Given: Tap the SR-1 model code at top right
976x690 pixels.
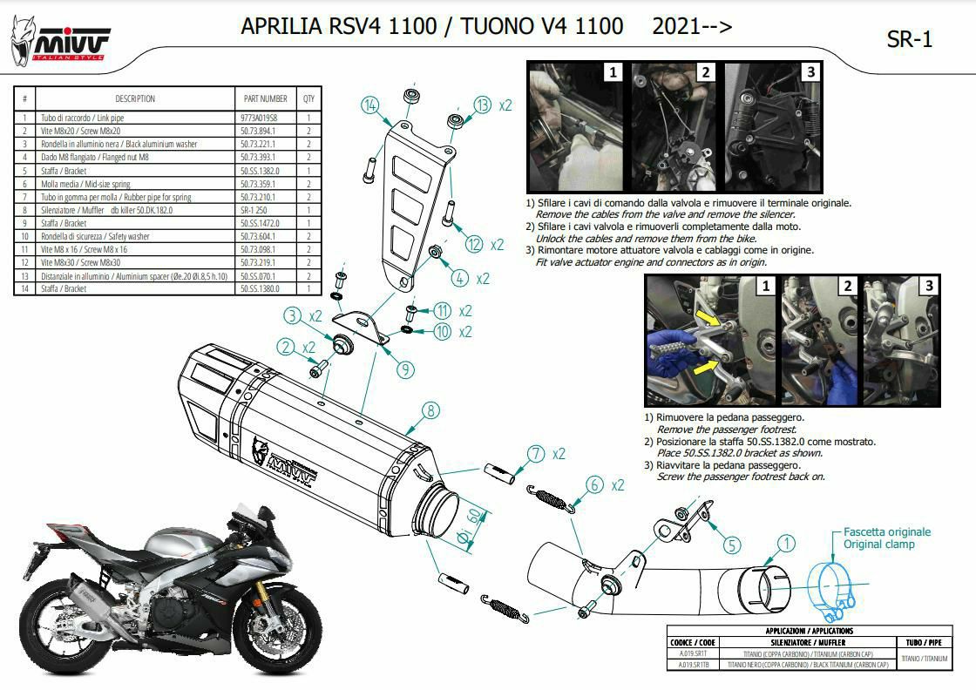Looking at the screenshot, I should pyautogui.click(x=909, y=40).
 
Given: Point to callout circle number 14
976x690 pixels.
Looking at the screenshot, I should pyautogui.click(x=372, y=105).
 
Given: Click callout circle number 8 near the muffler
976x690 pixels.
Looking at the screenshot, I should pyautogui.click(x=429, y=409).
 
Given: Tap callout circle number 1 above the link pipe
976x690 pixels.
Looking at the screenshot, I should pyautogui.click(x=786, y=544).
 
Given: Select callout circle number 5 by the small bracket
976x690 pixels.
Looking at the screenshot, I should pyautogui.click(x=731, y=545).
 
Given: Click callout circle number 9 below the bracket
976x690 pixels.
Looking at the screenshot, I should pyautogui.click(x=403, y=369).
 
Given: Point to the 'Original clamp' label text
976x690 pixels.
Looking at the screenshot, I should pyautogui.click(x=878, y=545).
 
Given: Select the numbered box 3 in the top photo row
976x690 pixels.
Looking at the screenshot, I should pyautogui.click(x=810, y=72).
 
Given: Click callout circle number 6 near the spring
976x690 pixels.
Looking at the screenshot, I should pyautogui.click(x=594, y=484).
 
